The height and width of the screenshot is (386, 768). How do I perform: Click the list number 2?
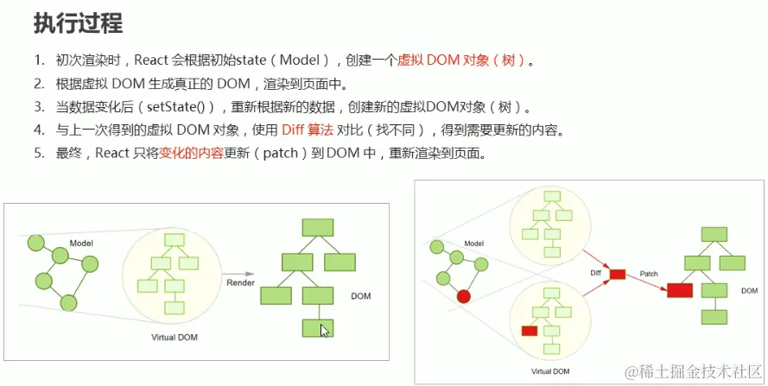[39, 85]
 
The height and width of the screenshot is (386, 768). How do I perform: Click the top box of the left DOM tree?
[317, 228]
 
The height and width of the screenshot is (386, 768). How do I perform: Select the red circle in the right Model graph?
[463, 296]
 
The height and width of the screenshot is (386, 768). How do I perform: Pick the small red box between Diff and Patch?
[617, 275]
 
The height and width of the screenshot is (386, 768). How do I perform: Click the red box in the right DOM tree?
[681, 290]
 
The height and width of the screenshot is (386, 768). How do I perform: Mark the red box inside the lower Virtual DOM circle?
[529, 331]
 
